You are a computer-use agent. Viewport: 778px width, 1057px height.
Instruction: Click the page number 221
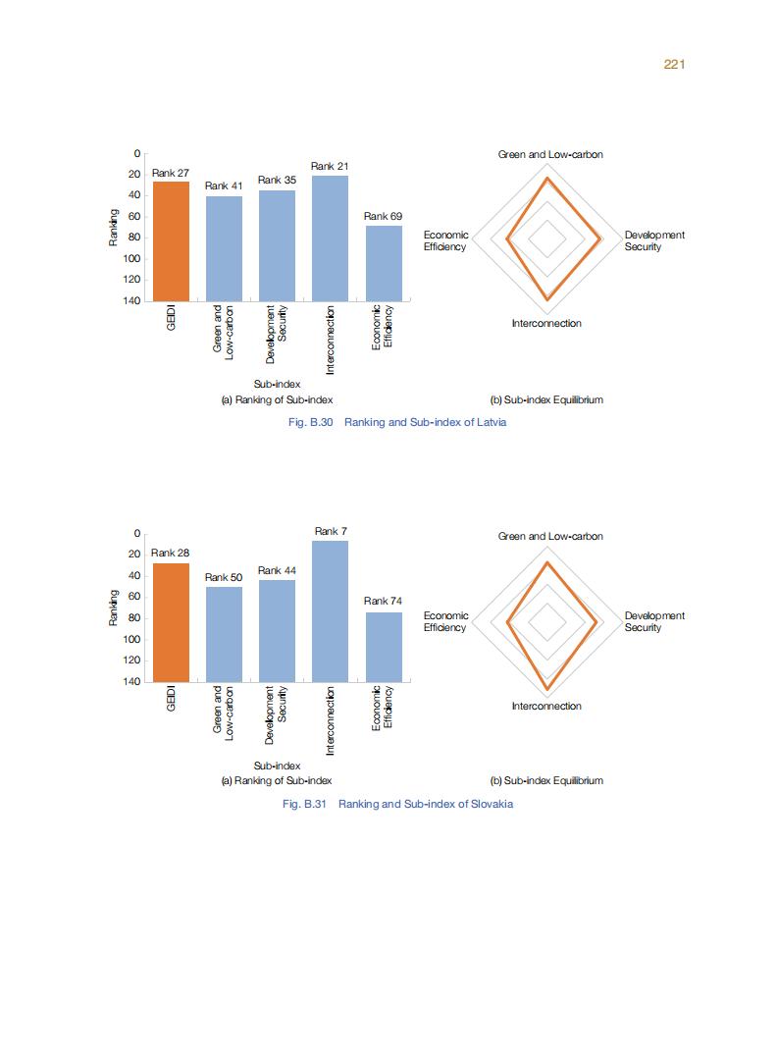[673, 64]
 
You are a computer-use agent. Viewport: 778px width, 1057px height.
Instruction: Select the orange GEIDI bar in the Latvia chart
[171, 240]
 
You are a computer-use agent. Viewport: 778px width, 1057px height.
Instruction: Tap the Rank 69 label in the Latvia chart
[383, 216]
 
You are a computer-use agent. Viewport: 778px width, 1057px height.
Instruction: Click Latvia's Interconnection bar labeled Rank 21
[330, 238]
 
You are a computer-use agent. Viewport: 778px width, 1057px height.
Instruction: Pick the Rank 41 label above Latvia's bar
[223, 186]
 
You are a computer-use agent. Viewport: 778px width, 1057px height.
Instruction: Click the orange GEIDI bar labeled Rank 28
[171, 622]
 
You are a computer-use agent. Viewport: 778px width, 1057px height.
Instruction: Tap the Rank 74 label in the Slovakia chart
[383, 601]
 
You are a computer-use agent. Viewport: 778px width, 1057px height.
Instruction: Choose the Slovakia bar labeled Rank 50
[224, 633]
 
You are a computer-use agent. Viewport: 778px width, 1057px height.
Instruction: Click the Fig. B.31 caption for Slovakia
[396, 804]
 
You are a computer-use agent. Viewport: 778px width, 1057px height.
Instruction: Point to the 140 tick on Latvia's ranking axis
[131, 300]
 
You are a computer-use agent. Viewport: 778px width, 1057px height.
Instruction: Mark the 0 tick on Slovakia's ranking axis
[137, 533]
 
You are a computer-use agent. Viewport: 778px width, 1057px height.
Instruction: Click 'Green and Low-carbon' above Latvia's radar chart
[549, 155]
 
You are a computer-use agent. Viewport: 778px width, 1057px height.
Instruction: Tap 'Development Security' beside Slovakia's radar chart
[654, 621]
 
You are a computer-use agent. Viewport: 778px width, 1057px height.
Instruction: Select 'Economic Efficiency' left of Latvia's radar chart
[445, 240]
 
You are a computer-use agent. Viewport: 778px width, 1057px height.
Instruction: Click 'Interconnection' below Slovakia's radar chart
[546, 707]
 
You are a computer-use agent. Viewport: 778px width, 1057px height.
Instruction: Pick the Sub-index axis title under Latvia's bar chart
[277, 384]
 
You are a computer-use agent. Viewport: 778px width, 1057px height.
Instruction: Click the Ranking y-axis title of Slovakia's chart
[114, 608]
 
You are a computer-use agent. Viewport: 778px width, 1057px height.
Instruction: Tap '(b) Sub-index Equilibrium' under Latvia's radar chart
[546, 400]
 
